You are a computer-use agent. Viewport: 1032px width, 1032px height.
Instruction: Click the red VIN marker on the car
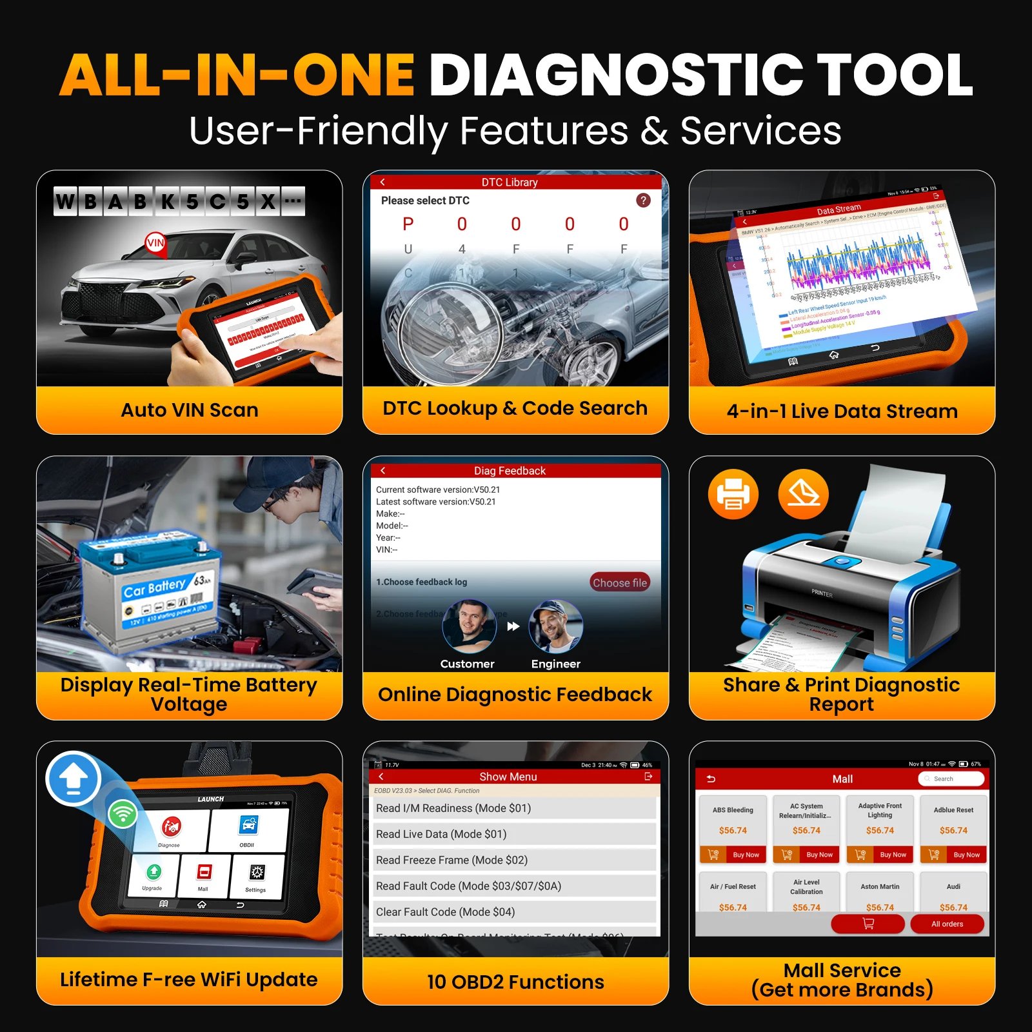coord(155,243)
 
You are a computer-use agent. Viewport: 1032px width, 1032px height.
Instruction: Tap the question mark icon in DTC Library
coord(643,201)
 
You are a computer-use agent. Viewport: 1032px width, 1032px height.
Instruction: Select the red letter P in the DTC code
coord(408,224)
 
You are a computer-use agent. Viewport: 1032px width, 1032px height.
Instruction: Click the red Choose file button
coord(619,582)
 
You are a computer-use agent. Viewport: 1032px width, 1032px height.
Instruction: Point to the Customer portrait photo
coord(469,626)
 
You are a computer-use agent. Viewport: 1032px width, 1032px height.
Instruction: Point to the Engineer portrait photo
coord(555,626)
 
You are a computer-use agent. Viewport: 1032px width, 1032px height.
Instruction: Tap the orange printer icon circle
coord(733,494)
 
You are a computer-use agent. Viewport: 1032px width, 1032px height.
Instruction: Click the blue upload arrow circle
coord(74,779)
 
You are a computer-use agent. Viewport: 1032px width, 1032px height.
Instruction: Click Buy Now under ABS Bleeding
coord(734,855)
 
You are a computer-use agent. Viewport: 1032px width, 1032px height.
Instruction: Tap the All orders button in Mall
coord(947,924)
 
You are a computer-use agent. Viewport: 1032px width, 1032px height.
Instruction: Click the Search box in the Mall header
coord(951,779)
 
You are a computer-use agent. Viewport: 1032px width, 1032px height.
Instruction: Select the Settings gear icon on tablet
coord(256,873)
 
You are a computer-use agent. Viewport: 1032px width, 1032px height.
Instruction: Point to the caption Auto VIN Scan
coord(190,410)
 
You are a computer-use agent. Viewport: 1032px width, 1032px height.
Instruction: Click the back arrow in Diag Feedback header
coord(382,471)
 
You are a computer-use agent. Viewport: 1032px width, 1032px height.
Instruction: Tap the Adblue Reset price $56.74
coord(953,830)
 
